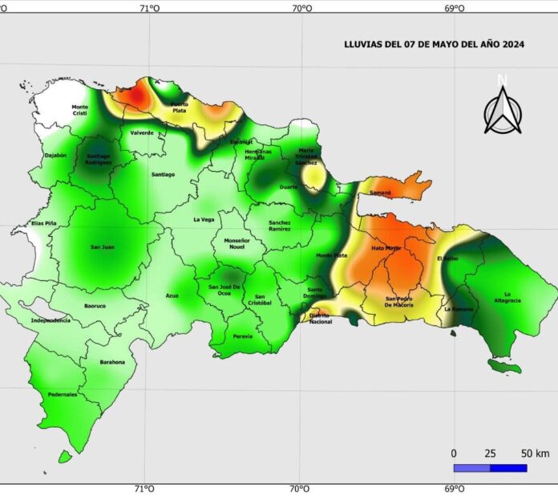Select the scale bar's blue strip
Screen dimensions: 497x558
pyautogui.click(x=490, y=467)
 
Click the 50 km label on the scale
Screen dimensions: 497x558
pyautogui.click(x=536, y=454)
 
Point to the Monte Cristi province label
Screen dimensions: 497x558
pyautogui.click(x=80, y=110)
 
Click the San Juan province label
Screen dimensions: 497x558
pyautogui.click(x=102, y=246)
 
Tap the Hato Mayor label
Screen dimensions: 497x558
pyautogui.click(x=386, y=248)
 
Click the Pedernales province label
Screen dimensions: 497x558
pyautogui.click(x=63, y=394)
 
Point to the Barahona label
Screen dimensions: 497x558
pyautogui.click(x=112, y=362)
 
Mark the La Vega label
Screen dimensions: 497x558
pyautogui.click(x=204, y=219)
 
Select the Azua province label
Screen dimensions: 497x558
pyautogui.click(x=172, y=296)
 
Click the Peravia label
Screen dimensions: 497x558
pyautogui.click(x=242, y=336)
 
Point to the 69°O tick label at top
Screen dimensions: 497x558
pyautogui.click(x=454, y=9)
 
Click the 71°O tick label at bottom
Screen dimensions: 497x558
pyautogui.click(x=145, y=488)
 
